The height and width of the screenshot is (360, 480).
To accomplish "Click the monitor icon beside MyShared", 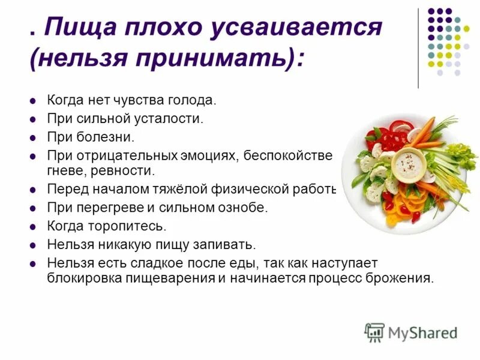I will [x=374, y=332].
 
